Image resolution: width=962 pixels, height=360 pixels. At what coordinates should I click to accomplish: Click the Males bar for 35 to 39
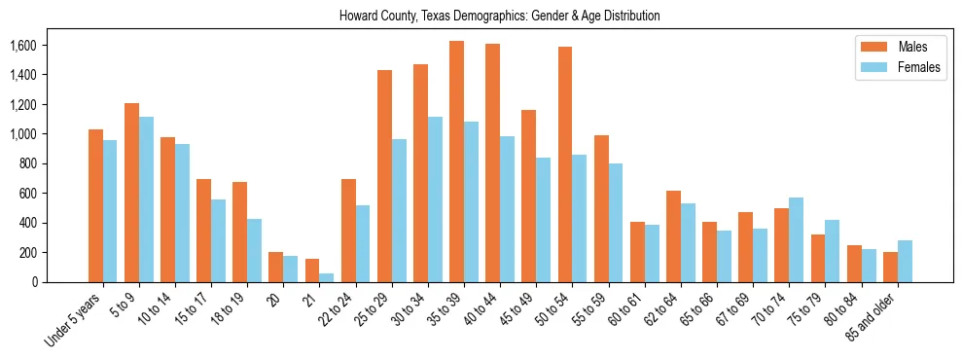[456, 162]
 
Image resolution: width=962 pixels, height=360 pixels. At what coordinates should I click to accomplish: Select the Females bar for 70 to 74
[796, 239]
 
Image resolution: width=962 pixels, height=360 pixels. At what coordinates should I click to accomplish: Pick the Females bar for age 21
[326, 277]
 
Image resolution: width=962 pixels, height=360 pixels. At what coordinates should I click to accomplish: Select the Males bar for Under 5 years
[95, 205]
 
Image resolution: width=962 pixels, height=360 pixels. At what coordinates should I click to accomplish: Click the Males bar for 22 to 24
[348, 231]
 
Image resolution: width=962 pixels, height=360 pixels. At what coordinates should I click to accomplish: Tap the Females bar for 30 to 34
[434, 199]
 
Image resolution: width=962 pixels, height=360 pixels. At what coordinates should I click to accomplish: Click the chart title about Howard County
[499, 16]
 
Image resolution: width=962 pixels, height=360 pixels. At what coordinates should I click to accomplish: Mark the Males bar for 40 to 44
[492, 162]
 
